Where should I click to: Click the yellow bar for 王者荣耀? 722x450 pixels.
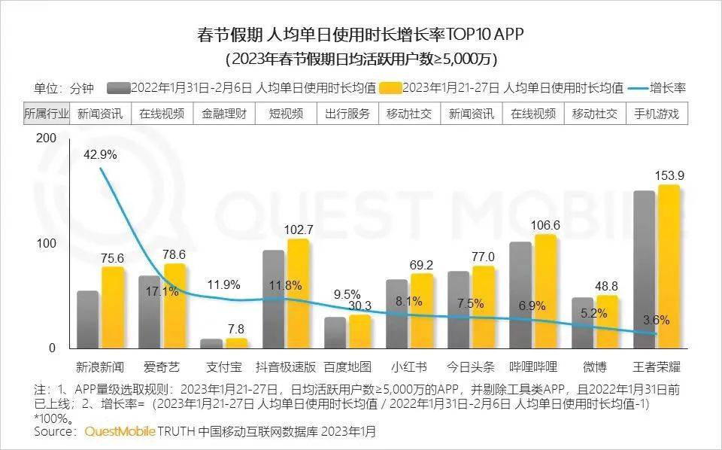coord(669,266)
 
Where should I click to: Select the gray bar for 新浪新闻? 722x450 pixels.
coord(88,319)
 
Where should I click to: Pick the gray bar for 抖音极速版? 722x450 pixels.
coord(274,299)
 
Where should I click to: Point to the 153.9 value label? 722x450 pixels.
coord(669,176)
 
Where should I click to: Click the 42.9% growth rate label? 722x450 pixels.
coord(100,154)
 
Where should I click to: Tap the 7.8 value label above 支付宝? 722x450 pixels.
coord(235,329)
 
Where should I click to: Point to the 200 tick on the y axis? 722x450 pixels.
coord(46,138)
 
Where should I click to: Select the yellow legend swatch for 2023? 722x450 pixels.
coord(391,87)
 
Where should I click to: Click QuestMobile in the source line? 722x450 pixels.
coord(119,432)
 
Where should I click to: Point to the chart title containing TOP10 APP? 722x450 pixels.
coord(360,35)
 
